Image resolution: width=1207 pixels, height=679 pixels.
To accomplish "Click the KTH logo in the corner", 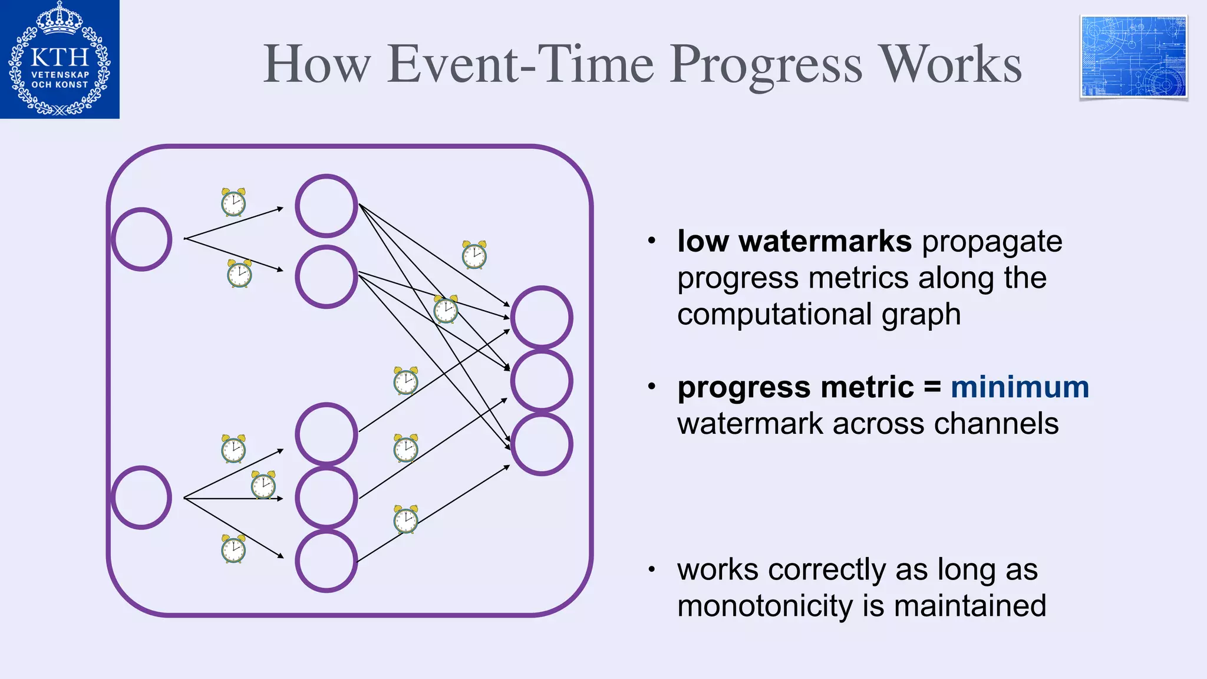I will pyautogui.click(x=60, y=59).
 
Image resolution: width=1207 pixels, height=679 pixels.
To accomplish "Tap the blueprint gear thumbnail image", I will pyautogui.click(x=1133, y=57).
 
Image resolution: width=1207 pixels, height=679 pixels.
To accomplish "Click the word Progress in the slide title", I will pyautogui.click(x=766, y=65).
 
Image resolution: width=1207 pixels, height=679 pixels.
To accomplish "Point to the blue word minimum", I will pyautogui.click(x=1020, y=387).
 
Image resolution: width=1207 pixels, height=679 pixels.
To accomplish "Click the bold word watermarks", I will pyautogui.click(x=825, y=241).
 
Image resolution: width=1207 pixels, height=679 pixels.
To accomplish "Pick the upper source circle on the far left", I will pyautogui.click(x=141, y=239).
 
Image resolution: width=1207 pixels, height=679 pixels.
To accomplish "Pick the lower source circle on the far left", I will pyautogui.click(x=141, y=497).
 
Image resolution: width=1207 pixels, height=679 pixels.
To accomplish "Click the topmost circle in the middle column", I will pyautogui.click(x=327, y=206).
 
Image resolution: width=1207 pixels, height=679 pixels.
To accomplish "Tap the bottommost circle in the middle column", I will pyautogui.click(x=327, y=561).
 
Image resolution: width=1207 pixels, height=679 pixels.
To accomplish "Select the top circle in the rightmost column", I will pyautogui.click(x=542, y=317).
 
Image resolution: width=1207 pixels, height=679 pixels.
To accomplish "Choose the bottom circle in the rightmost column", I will pyautogui.click(x=542, y=444).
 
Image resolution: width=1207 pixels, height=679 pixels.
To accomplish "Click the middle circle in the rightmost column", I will pyautogui.click(x=542, y=381).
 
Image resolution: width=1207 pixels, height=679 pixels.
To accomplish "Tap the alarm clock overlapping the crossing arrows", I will pyautogui.click(x=446, y=309).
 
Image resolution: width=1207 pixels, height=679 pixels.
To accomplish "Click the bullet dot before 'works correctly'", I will pyautogui.click(x=651, y=569).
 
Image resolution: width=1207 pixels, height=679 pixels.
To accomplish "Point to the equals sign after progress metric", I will pyautogui.click(x=932, y=387).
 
